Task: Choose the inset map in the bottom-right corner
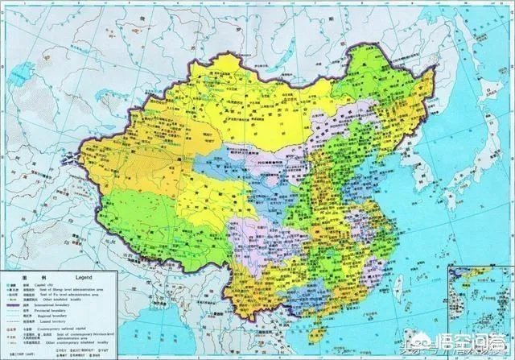(x=483, y=310)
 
